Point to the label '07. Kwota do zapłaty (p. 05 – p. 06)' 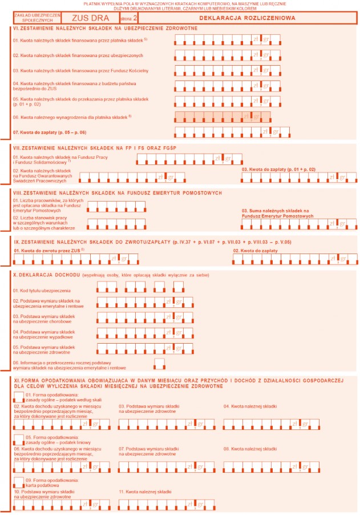pyautogui.click(x=49, y=132)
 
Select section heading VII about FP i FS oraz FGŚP pyautogui.click(x=97, y=148)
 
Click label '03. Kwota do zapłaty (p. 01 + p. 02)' pyautogui.click(x=278, y=170)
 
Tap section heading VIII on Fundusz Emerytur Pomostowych pyautogui.click(x=117, y=193)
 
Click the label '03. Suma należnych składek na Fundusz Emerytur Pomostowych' pyautogui.click(x=278, y=214)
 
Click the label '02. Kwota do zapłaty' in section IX pyautogui.click(x=255, y=251)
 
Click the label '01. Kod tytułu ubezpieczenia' pyautogui.click(x=46, y=291)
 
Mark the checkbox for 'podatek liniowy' pyautogui.click(x=18, y=438)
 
